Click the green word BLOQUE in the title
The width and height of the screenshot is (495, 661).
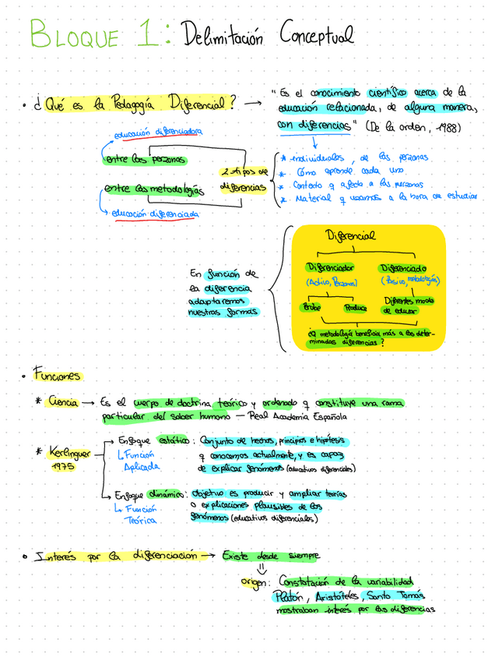[x=74, y=36]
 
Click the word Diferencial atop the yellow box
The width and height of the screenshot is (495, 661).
[x=350, y=235]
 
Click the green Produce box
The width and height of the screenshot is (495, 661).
[x=354, y=307]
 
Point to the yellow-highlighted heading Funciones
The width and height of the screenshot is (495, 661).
[x=56, y=376]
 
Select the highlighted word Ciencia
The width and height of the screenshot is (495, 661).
[x=61, y=402]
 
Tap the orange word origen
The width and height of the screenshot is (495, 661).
[x=255, y=583]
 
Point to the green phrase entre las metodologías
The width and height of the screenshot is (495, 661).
[x=153, y=189]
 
